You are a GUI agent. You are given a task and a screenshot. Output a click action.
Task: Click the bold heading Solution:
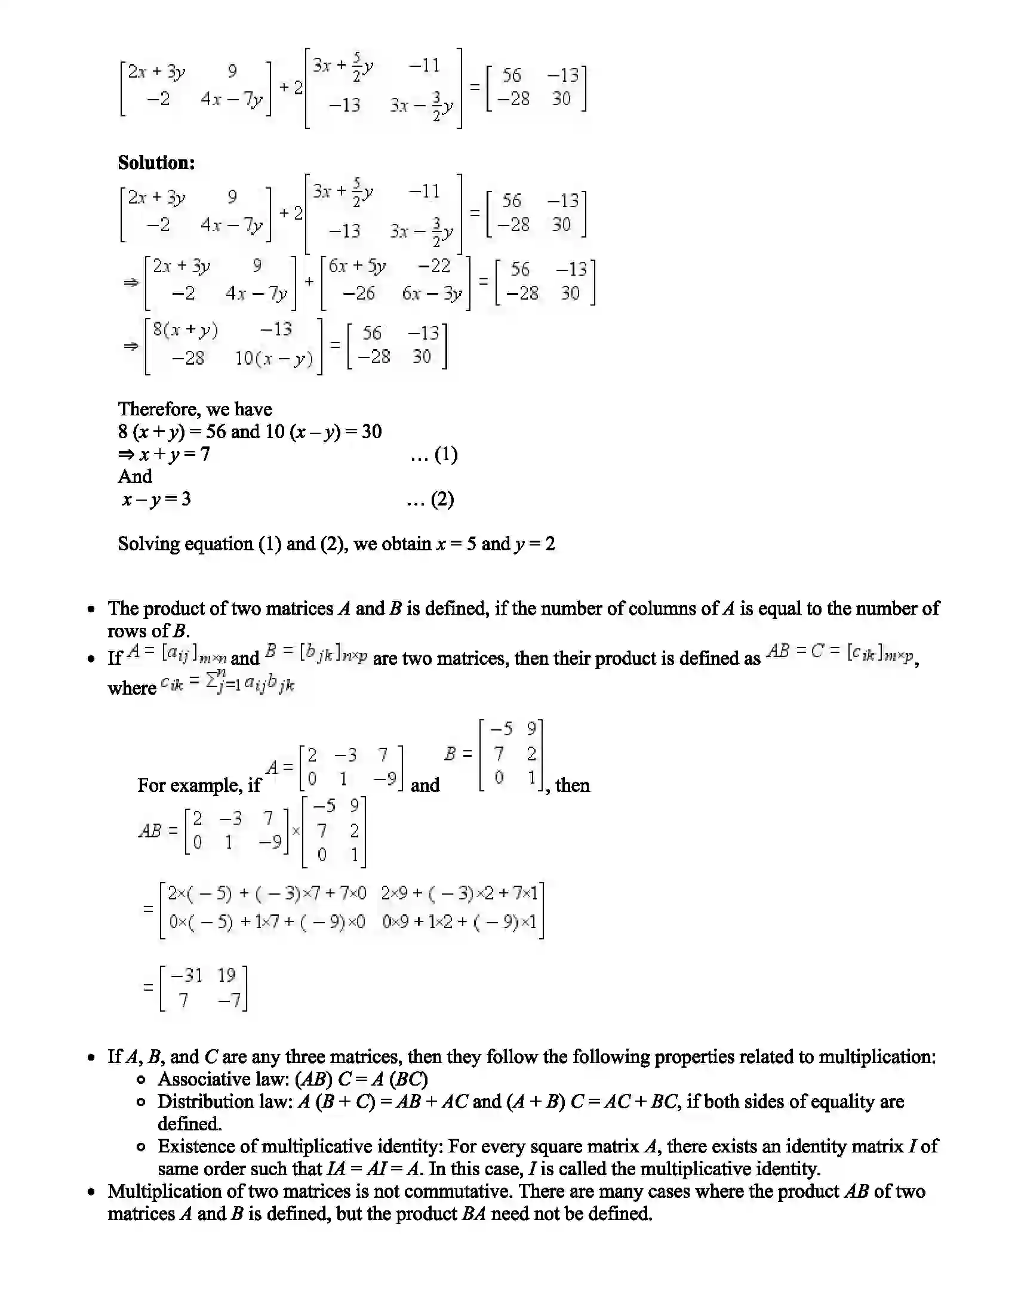156,163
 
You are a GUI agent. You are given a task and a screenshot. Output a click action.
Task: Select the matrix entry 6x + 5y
357,266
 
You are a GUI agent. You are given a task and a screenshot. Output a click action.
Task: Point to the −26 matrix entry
358,294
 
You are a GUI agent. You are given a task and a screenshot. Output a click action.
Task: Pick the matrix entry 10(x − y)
273,359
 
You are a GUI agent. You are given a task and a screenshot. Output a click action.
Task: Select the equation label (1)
445,455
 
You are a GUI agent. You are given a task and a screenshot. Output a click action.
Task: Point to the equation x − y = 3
156,500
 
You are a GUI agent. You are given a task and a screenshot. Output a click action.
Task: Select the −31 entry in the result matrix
187,975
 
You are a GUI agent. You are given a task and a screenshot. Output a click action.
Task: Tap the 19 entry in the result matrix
227,975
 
